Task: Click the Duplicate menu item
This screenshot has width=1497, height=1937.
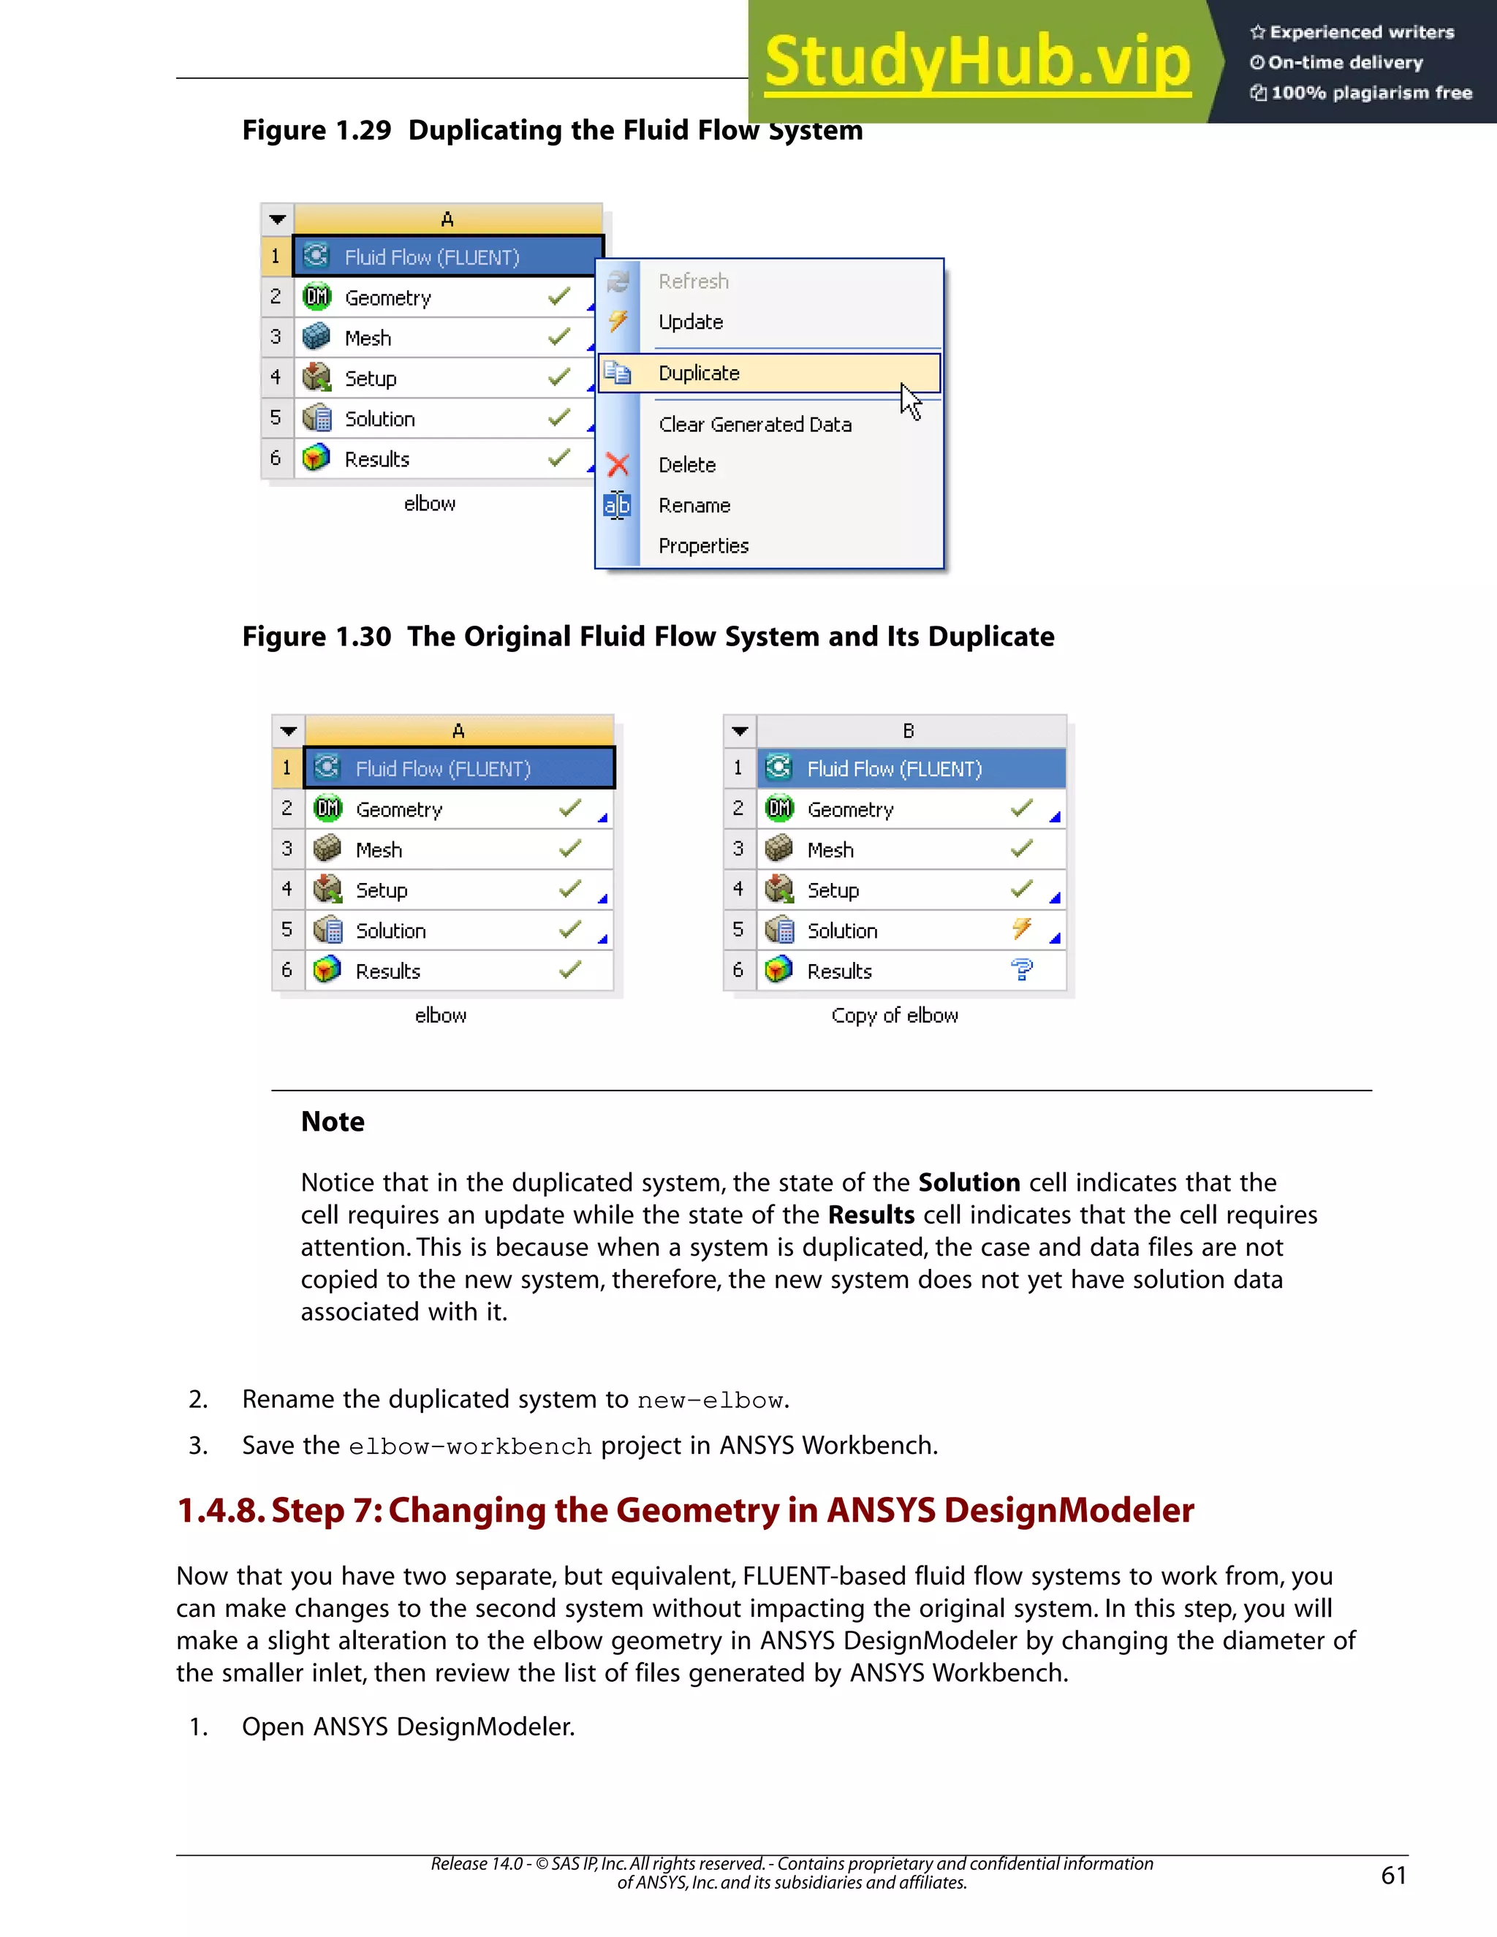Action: click(699, 374)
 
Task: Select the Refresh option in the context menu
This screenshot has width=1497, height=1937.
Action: click(694, 281)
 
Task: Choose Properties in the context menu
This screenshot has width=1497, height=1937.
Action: click(703, 545)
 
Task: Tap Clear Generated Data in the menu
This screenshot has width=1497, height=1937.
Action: click(754, 425)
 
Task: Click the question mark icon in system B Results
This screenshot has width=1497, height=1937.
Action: click(1022, 970)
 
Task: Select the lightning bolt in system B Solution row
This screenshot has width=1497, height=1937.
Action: click(1022, 928)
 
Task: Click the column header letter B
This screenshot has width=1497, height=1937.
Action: click(908, 731)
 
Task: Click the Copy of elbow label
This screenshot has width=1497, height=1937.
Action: click(894, 1015)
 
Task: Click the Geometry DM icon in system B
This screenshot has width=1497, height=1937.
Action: click(779, 808)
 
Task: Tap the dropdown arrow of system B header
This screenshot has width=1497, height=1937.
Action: click(740, 732)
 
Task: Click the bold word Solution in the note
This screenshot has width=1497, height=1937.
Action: click(969, 1182)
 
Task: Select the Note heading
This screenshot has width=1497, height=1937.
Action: click(333, 1122)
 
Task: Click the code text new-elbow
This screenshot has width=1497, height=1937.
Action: click(710, 1400)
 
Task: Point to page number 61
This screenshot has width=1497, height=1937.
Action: click(1393, 1875)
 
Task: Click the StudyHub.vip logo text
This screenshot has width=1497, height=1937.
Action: click(977, 61)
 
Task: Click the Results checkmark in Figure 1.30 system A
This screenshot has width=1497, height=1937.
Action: click(570, 969)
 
